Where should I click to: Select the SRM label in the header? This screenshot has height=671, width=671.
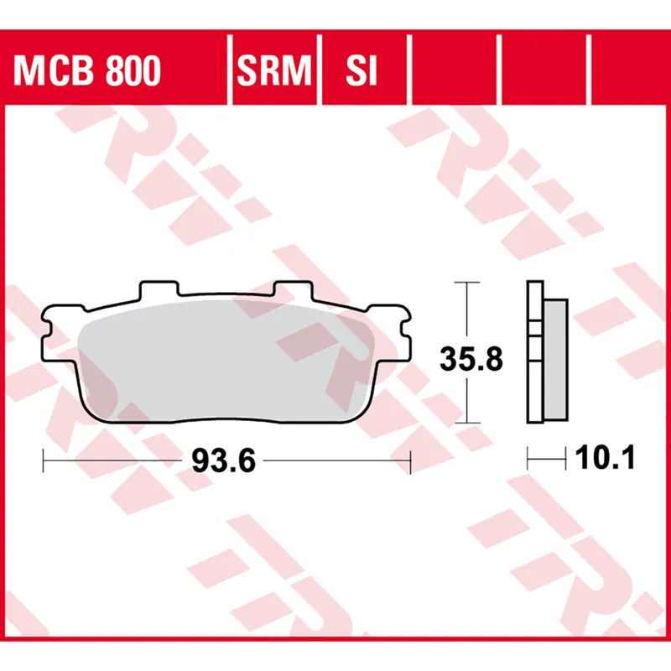click(274, 72)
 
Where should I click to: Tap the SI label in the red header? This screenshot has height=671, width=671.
click(362, 72)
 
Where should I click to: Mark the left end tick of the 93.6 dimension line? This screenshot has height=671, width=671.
click(43, 460)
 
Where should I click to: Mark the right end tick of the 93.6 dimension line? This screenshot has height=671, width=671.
click(410, 460)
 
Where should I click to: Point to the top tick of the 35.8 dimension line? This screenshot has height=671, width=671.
click(466, 283)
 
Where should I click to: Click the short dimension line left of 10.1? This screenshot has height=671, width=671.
click(549, 459)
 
